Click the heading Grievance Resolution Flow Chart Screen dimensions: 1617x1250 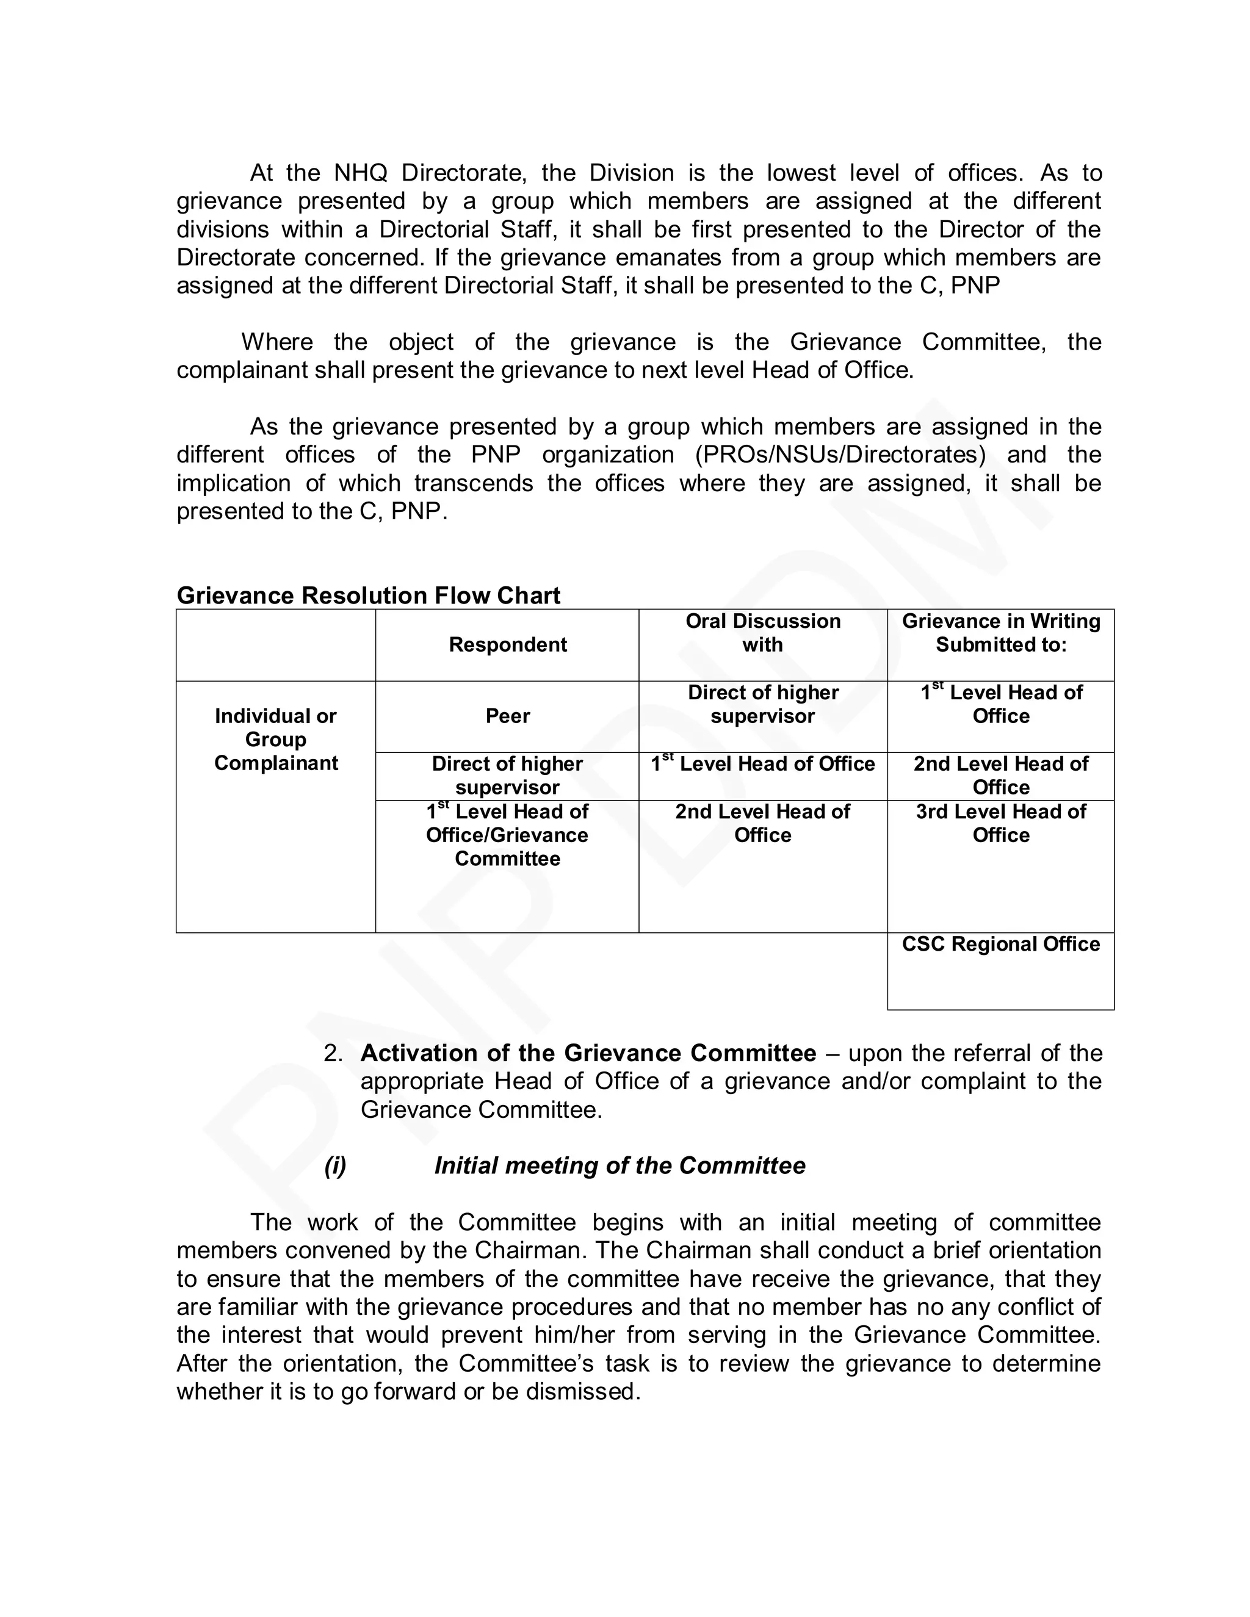click(368, 596)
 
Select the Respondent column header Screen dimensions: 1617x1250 click(507, 644)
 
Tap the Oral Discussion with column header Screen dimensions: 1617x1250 click(763, 632)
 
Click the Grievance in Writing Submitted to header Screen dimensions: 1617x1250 click(1000, 632)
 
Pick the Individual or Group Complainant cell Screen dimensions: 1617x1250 click(275, 739)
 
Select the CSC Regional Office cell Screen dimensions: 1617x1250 click(1000, 944)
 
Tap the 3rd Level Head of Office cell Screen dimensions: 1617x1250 click(1000, 823)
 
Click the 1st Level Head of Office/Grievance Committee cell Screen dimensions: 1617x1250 click(507, 835)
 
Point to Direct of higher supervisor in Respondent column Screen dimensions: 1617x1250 click(507, 775)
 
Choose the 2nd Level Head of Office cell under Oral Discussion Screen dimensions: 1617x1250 click(763, 823)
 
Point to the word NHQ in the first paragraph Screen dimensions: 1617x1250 click(361, 173)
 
